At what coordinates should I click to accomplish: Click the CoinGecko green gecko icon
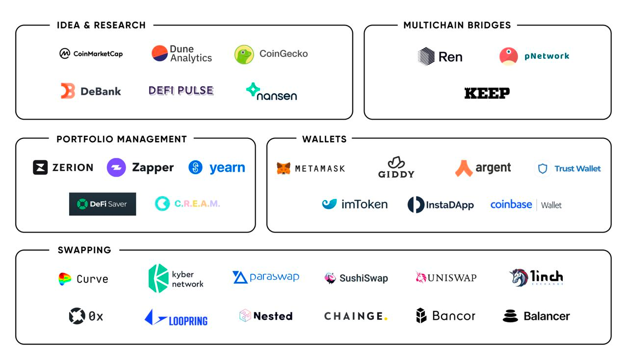pos(244,54)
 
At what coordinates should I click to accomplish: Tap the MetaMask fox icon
pos(283,168)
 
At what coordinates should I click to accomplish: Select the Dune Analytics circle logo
pos(159,53)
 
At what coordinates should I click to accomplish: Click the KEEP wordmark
pos(487,93)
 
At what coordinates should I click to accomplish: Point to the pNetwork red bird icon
pos(508,56)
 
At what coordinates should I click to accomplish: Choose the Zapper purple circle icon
pos(116,168)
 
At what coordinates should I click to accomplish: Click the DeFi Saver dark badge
pos(103,204)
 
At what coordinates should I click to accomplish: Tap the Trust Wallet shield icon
pos(543,169)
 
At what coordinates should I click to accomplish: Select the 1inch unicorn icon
pos(518,278)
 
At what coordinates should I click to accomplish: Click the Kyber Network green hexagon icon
pos(158,279)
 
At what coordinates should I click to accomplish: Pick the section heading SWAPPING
pos(84,250)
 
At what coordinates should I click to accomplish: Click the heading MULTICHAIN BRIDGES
pos(457,25)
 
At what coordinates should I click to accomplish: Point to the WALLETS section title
pos(324,139)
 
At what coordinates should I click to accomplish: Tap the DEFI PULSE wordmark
pos(181,91)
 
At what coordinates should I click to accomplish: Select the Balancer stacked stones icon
pos(510,316)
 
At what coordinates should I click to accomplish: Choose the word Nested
pos(273,316)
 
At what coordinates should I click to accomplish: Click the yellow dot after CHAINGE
pos(386,319)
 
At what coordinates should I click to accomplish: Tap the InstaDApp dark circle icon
pos(416,205)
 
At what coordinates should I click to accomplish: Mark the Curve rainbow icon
pos(65,279)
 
